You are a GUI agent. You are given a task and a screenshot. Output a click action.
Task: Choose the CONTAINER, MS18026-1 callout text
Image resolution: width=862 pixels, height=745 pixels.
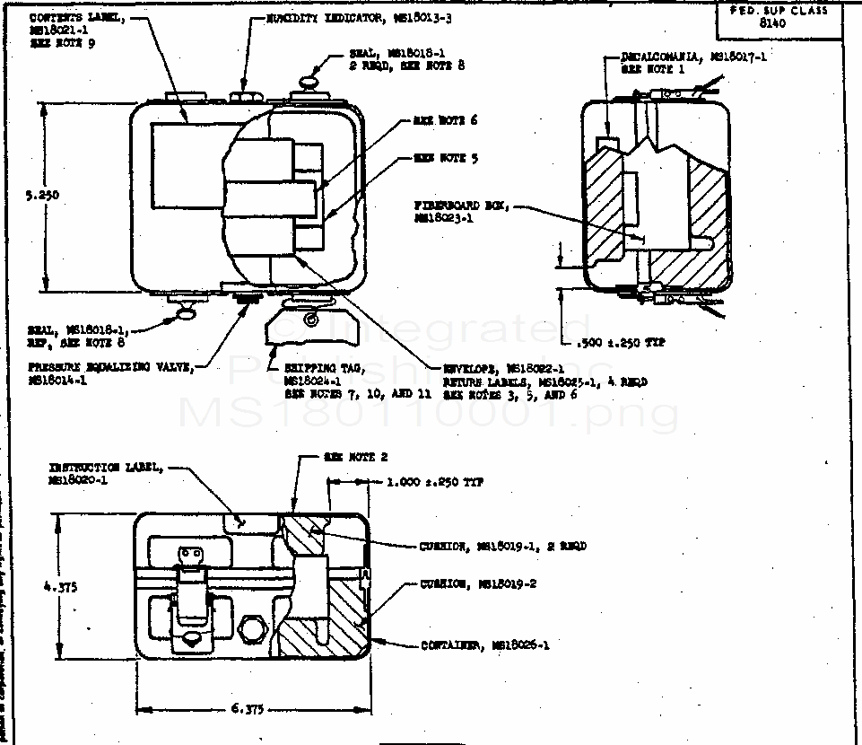(484, 644)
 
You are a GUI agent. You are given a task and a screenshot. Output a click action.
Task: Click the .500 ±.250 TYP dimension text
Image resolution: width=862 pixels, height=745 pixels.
(618, 342)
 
